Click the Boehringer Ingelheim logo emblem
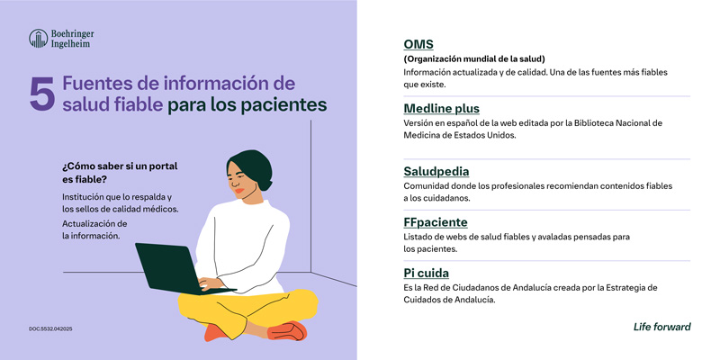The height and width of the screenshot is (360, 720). click(39, 38)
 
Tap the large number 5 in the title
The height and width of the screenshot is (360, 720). click(41, 94)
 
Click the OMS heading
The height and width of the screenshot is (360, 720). click(418, 44)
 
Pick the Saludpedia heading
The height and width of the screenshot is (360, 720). click(436, 171)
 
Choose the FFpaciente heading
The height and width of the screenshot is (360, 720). click(436, 221)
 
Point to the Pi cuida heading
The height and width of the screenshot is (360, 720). click(427, 273)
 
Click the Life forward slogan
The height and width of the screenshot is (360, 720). click(662, 327)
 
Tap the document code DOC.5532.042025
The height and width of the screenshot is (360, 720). click(50, 329)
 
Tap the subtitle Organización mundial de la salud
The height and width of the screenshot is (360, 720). click(474, 58)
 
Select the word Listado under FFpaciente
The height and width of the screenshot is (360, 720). click(420, 236)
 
